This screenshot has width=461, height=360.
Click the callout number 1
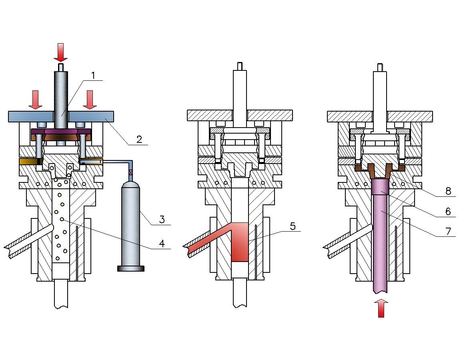coord(93,76)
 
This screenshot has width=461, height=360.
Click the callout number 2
coord(139,139)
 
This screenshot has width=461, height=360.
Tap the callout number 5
coord(293,226)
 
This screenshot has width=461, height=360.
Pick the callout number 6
coord(448,211)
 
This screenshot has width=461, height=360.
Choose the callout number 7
coord(448,231)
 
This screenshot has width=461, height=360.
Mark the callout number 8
coord(448,191)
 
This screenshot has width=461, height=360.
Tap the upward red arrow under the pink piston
coord(381,308)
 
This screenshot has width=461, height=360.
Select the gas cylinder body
coord(130,224)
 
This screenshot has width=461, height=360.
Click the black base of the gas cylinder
coord(130,268)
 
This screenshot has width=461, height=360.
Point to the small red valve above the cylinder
coord(130,172)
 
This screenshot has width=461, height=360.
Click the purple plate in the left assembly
coord(61,131)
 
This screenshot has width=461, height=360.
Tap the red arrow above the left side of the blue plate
coord(36,100)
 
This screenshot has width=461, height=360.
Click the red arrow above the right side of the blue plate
coord(90,100)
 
